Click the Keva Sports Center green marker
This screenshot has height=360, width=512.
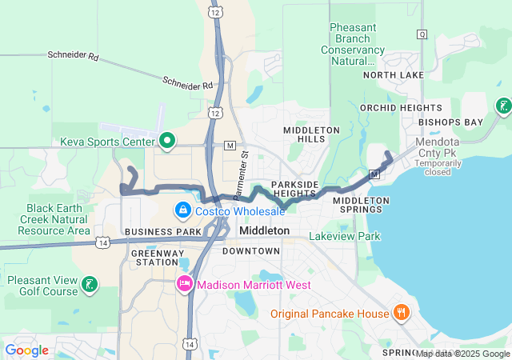pyautogui.click(x=167, y=142)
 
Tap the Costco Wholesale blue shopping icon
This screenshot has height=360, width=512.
pyautogui.click(x=183, y=210)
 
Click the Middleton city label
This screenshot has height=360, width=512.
pyautogui.click(x=265, y=230)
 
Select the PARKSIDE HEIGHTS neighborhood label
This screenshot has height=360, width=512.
pyautogui.click(x=294, y=189)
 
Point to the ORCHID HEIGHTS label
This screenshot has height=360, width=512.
pyautogui.click(x=401, y=108)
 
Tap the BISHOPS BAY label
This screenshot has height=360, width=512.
pyautogui.click(x=451, y=122)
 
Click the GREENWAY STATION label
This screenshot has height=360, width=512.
pyautogui.click(x=154, y=257)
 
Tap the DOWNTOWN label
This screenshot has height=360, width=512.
pyautogui.click(x=251, y=251)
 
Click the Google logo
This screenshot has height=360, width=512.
pyautogui.click(x=26, y=350)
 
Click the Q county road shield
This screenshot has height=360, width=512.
pyautogui.click(x=422, y=34)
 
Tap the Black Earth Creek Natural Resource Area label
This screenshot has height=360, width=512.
pyautogui.click(x=45, y=219)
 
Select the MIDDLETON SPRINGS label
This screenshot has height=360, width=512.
pyautogui.click(x=361, y=206)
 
